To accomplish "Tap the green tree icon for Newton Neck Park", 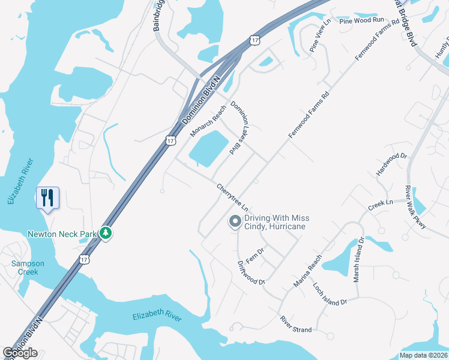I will click(106, 232).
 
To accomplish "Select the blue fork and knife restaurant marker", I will click(47, 197).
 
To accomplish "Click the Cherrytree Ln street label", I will click(233, 197).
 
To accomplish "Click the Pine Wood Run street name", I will click(361, 20).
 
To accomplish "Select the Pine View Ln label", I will click(321, 35).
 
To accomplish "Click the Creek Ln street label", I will click(380, 205).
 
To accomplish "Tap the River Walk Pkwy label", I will click(415, 207).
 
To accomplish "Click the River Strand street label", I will click(296, 322).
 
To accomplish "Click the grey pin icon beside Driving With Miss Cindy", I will click(235, 222).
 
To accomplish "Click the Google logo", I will click(20, 353).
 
